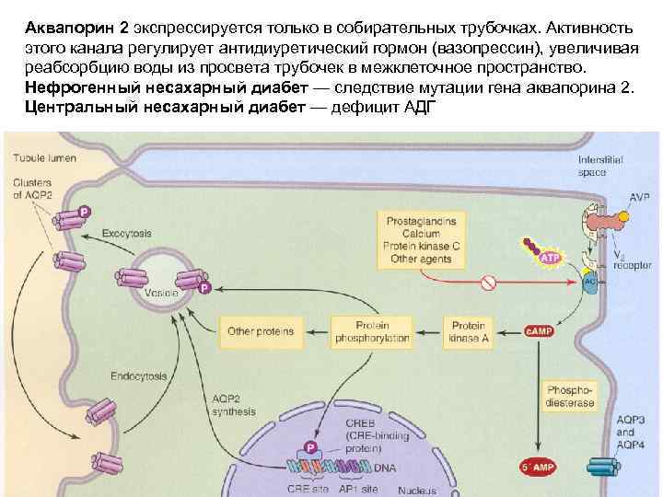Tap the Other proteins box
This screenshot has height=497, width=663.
[253, 330]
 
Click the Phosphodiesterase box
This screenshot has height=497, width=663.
[570, 395]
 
